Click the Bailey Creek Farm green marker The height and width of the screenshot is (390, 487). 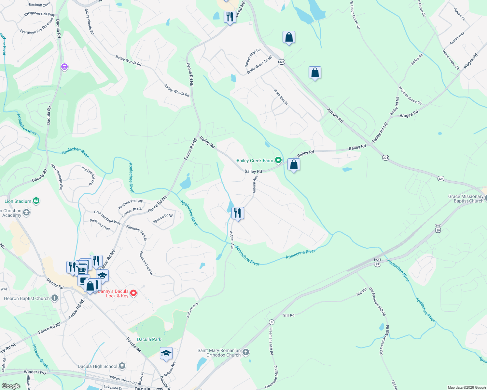278,160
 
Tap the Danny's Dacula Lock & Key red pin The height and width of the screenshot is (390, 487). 133,293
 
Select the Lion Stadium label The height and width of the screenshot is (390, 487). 18,201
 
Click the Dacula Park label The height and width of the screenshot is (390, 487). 149,339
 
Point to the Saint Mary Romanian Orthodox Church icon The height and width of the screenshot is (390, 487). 246,352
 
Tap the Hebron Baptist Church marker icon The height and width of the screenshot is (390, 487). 55,298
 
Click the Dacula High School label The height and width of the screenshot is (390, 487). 97,366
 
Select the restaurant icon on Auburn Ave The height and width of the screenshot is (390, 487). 238,213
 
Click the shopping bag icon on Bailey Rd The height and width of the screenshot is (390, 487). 294,165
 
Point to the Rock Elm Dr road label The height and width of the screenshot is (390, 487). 281,97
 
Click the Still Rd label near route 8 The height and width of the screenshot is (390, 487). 288,315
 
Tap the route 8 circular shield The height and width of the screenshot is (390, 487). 271,322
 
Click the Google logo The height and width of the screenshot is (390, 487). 11,386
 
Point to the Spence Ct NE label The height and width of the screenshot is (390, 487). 163,218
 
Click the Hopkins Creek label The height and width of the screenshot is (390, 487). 40,356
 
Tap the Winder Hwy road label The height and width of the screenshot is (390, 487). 35,372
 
